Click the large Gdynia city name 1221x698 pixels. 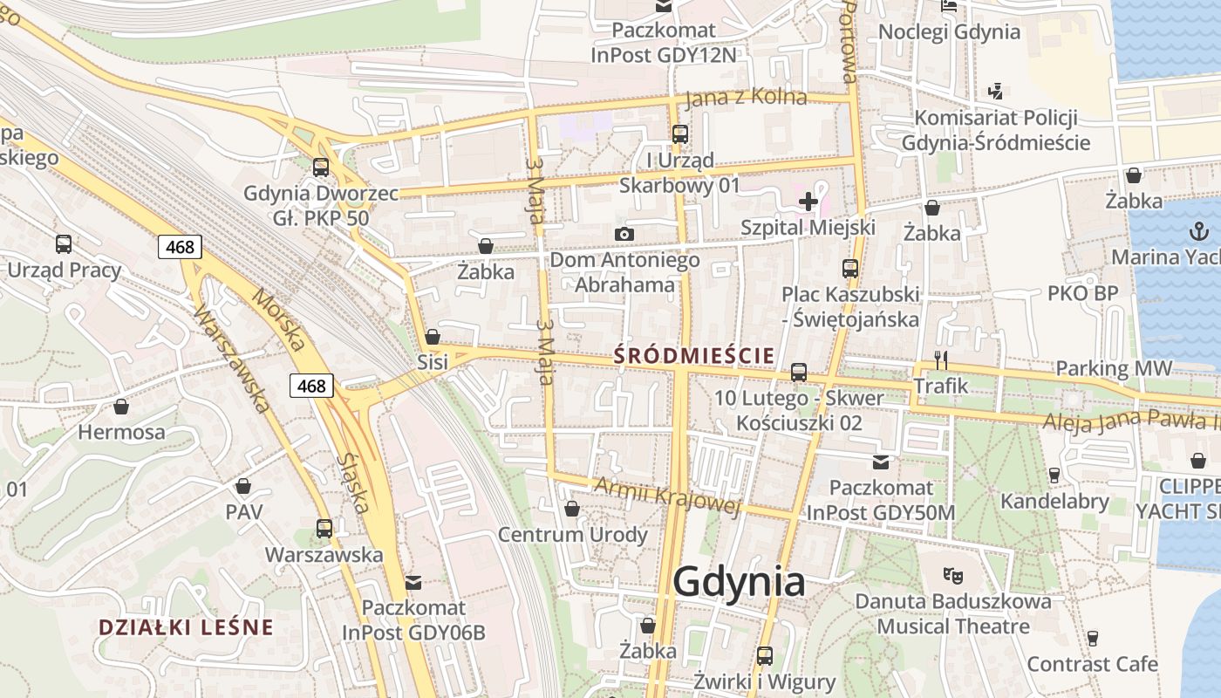739,582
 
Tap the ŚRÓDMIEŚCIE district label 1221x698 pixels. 694,356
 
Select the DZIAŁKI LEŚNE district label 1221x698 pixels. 186,627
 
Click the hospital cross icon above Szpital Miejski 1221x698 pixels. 808,202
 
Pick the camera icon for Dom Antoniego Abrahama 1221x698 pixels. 624,234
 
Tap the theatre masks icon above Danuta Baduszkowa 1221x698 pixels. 953,575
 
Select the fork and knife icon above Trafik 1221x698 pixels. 941,359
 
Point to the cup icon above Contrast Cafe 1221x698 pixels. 1092,638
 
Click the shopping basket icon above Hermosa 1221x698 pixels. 121,407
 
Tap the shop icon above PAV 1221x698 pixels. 243,486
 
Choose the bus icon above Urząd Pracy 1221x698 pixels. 64,244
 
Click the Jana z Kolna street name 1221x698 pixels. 746,98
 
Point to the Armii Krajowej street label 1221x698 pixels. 666,496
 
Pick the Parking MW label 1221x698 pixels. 1114,368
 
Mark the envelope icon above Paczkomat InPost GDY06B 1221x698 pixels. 413,582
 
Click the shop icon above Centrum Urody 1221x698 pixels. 572,509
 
